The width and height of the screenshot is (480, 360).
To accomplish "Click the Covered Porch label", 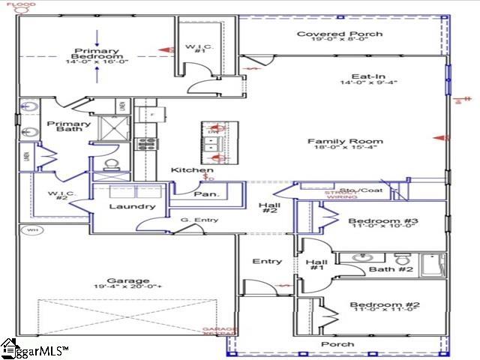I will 340,34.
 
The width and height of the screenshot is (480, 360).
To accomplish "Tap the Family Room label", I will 345,141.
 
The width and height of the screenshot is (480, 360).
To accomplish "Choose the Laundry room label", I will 132,206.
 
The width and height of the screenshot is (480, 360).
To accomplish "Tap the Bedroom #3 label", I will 373,220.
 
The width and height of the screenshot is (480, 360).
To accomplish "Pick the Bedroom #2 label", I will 373,304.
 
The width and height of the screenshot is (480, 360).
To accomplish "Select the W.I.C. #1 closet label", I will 196,49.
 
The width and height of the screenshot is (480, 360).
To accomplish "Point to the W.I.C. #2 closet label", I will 59,196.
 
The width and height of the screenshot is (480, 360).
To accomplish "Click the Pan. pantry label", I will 206,194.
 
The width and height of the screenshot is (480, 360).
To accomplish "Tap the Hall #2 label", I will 268,209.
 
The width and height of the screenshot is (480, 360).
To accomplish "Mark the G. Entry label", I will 194,219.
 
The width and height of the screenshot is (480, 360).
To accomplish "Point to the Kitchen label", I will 187,170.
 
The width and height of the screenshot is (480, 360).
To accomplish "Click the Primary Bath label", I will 68,127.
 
